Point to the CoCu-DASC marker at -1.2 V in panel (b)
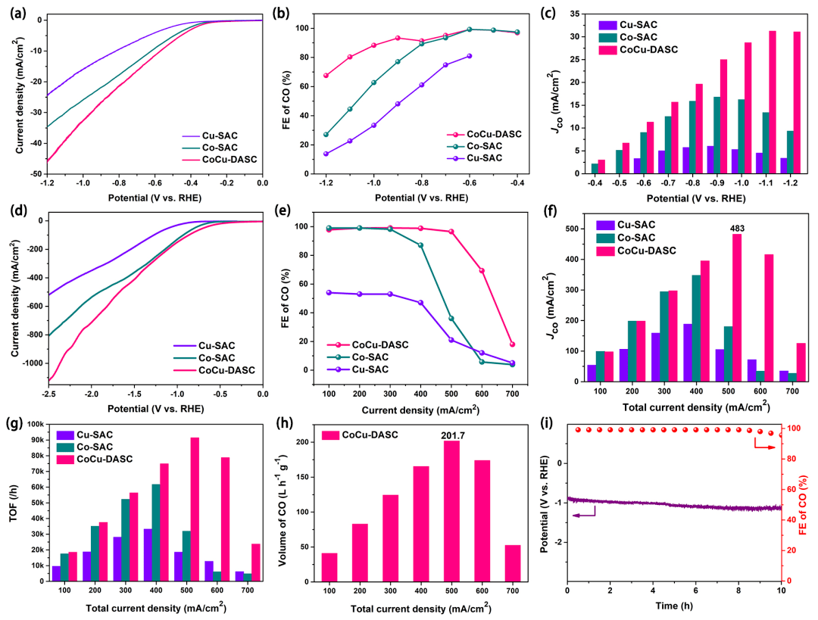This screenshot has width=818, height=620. [326, 76]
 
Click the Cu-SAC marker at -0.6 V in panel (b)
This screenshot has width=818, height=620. [470, 56]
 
